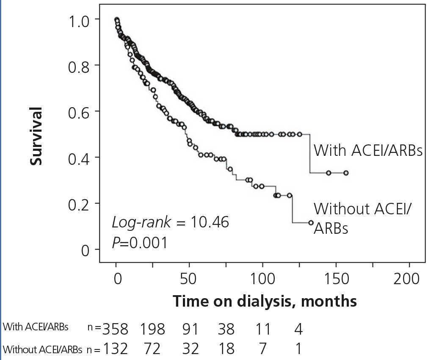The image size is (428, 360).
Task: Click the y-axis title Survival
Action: [36, 136]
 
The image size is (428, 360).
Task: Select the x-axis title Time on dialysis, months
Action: [265, 301]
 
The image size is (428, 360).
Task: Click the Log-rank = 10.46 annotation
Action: [170, 222]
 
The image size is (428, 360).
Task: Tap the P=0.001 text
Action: [140, 243]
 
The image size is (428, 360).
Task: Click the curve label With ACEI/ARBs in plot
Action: [368, 150]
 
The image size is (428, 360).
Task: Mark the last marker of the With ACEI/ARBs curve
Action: [346, 173]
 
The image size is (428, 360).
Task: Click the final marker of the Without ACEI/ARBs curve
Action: [311, 222]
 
